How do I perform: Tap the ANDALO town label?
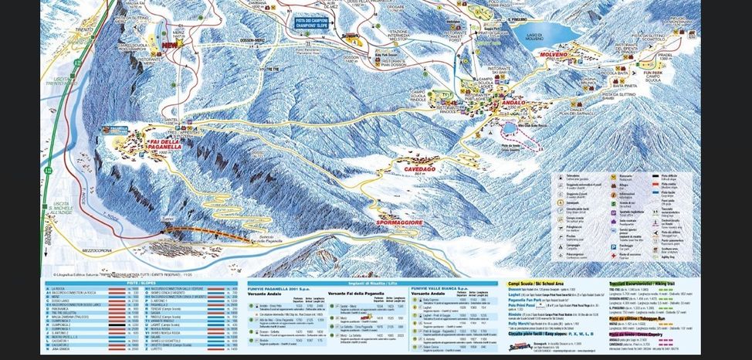click(x=512, y=102)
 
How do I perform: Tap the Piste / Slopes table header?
click(x=144, y=283)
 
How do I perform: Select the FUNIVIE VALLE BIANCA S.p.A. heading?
click(x=443, y=288)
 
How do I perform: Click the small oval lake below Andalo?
click(x=511, y=127)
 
